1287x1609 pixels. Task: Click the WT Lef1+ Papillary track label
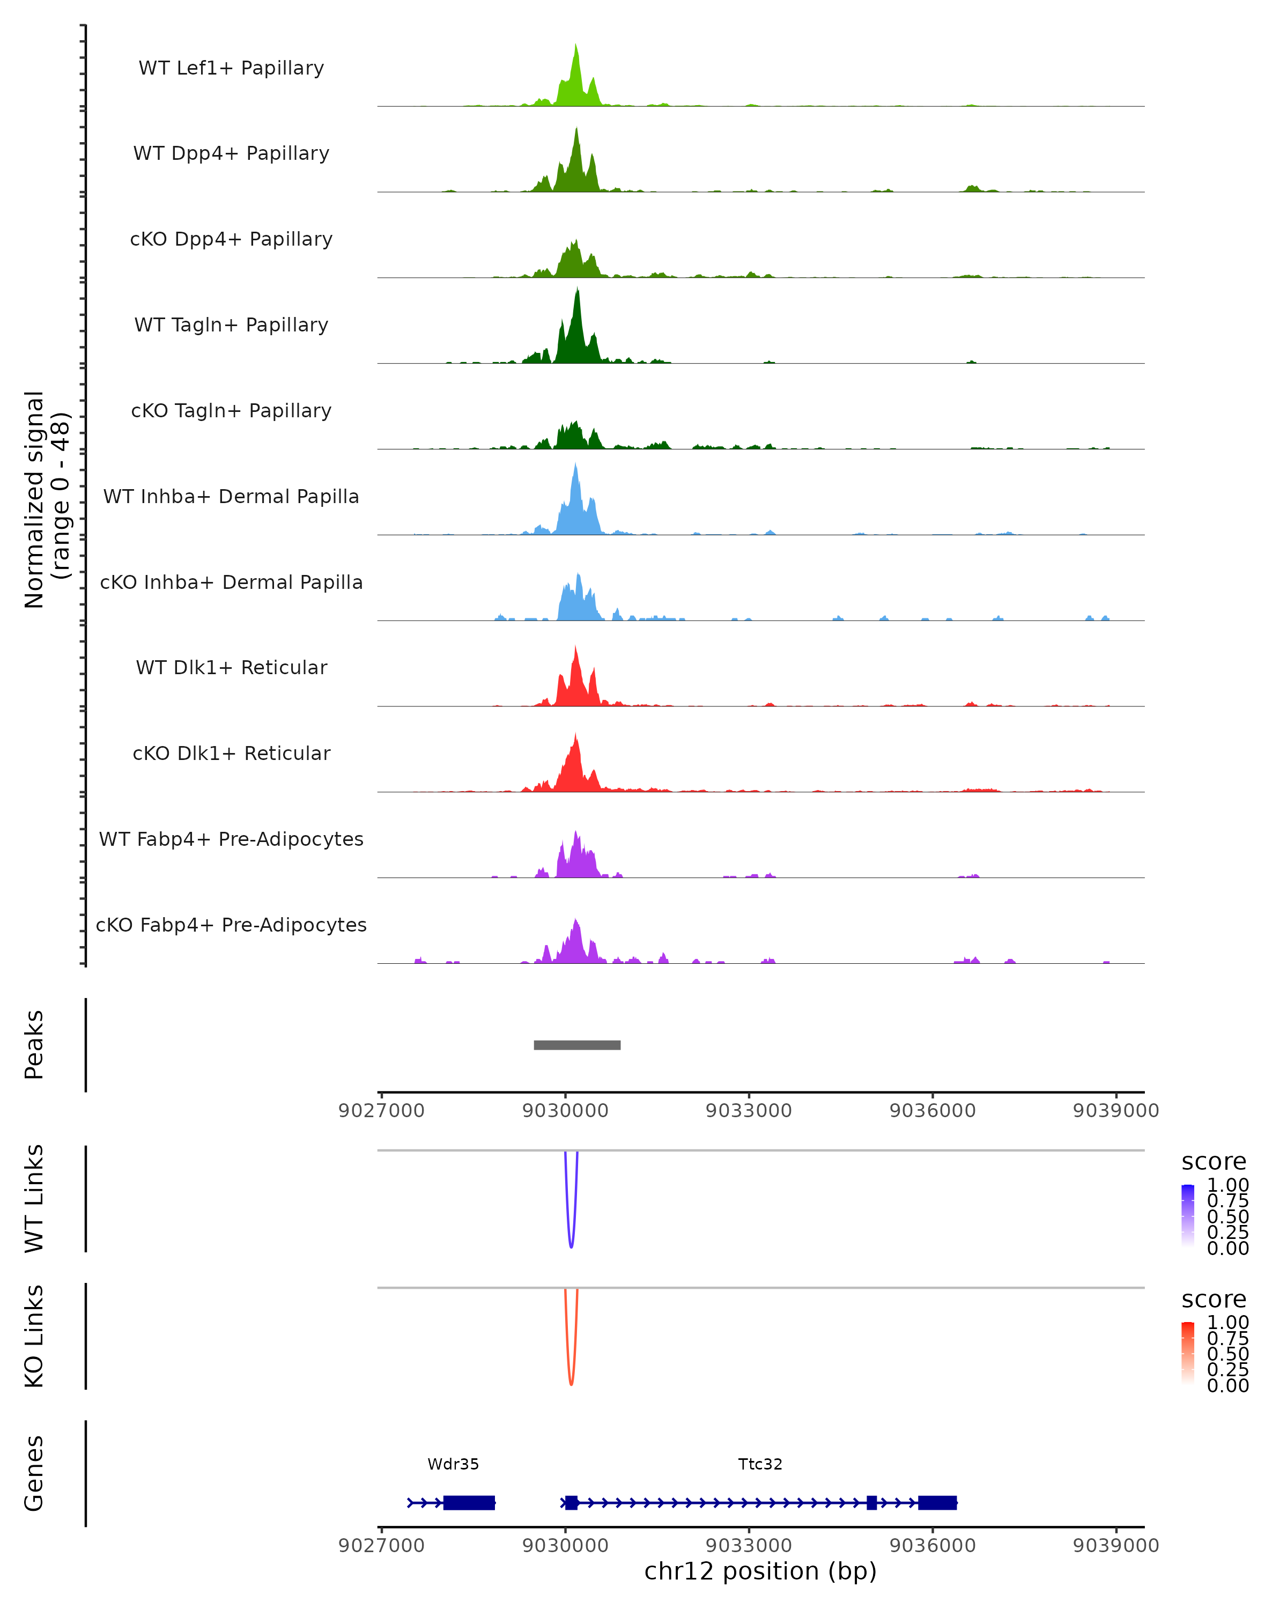pos(231,68)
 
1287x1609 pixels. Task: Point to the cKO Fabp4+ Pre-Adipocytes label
pos(231,925)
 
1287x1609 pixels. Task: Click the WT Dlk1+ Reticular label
pos(231,667)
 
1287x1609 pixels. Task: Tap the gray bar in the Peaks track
pos(576,1045)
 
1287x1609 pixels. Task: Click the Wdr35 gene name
pos(453,1464)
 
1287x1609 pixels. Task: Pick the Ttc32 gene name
pos(760,1464)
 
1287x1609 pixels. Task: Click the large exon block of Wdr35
pos(469,1502)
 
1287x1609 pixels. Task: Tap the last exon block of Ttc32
pos(937,1502)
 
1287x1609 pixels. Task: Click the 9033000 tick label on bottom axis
pos(748,1546)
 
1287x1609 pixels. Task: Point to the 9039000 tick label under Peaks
pos(1115,1111)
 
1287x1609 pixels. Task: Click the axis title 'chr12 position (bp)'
pos(760,1571)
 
